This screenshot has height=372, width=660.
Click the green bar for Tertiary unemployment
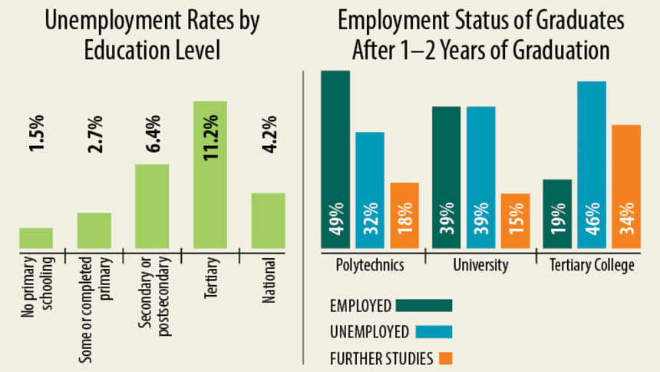click(210, 174)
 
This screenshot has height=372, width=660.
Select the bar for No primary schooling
click(36, 237)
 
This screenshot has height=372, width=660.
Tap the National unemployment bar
click(268, 220)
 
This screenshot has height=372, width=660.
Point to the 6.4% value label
click(152, 134)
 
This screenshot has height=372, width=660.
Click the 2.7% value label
click(94, 134)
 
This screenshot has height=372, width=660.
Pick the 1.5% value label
click(36, 134)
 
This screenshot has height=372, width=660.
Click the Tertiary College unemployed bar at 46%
click(591, 164)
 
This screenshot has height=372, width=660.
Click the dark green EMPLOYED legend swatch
click(424, 305)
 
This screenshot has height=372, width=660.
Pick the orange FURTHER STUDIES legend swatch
click(445, 358)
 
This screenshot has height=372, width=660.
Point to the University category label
click(480, 266)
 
